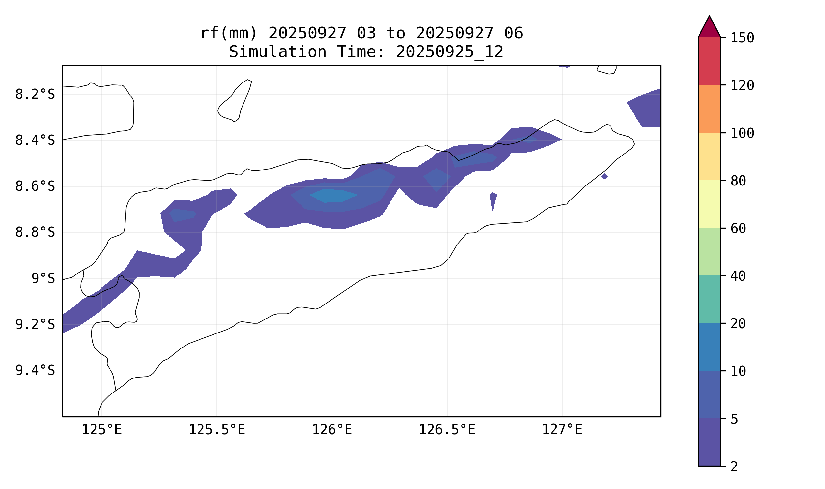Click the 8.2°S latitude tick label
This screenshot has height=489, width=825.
[35, 95]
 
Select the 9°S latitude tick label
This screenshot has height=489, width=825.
[43, 279]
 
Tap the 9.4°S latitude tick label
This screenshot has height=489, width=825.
[35, 371]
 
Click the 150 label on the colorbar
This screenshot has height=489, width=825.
[742, 38]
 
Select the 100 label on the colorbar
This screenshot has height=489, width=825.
[742, 133]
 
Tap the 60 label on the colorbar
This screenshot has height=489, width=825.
[738, 229]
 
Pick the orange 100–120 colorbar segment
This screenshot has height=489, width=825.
[709, 109]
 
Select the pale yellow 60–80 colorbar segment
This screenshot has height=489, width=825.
[709, 204]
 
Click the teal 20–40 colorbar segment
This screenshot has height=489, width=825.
[709, 299]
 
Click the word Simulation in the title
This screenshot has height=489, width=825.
[277, 52]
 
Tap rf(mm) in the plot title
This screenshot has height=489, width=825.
[228, 34]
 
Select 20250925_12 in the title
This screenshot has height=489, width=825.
[449, 52]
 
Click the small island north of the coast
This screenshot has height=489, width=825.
[235, 100]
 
